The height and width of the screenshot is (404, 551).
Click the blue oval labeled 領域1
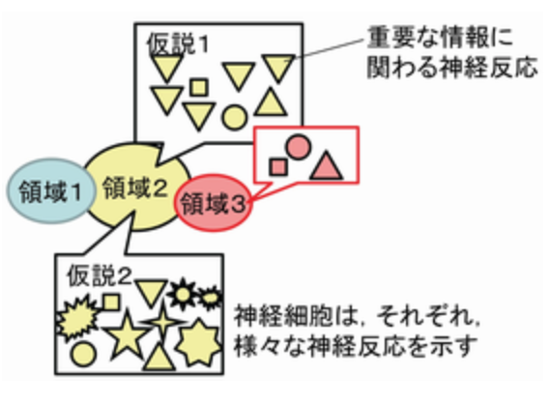pos(51,191)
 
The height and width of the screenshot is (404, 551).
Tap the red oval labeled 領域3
pos(214,203)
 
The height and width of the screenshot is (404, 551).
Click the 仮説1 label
pos(178,44)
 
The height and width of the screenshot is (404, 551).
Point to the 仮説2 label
pos(100,275)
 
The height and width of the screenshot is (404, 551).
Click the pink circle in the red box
pos(299,147)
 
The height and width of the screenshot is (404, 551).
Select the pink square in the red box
pos(278,167)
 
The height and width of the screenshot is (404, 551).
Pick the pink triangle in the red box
pos(327,166)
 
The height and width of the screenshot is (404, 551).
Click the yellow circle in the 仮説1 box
pos(234,117)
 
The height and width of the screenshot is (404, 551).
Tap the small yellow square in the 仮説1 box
pos(199,87)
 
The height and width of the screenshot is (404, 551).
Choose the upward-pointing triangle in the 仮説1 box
pos(271,102)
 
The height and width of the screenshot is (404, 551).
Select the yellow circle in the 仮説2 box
pos(83,354)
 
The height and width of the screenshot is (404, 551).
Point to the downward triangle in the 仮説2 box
pos(151,293)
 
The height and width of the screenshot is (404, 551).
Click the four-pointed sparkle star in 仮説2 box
pos(163,321)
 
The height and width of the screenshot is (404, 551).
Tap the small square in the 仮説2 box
pos(111,303)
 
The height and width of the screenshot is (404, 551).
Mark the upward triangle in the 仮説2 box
pos(159,357)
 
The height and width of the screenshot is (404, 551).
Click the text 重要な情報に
pos(440,38)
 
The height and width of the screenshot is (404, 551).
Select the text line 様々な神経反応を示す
pos(356,346)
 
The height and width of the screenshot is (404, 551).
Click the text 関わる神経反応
pos(452,67)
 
